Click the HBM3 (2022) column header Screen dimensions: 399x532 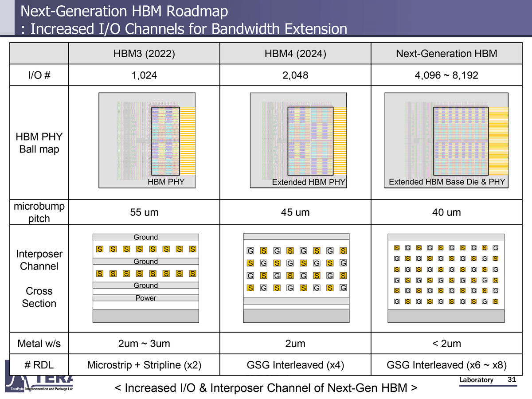click(x=145, y=54)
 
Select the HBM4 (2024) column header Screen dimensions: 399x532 click(x=295, y=54)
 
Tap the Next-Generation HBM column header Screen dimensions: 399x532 click(x=446, y=54)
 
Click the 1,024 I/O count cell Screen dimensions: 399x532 click(x=145, y=75)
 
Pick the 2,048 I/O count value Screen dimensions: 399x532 click(x=295, y=75)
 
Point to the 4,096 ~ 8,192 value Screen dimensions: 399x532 click(x=446, y=75)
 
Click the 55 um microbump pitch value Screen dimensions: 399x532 click(x=145, y=212)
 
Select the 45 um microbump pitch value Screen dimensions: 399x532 click(x=295, y=212)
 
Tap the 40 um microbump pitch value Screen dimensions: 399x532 click(x=446, y=212)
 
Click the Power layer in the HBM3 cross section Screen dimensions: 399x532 click(x=146, y=298)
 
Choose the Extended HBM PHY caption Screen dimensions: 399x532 click(x=309, y=182)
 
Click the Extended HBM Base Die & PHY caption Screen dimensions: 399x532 click(x=447, y=182)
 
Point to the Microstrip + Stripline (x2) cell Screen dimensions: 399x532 click(x=145, y=365)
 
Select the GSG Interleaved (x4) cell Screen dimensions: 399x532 click(x=295, y=365)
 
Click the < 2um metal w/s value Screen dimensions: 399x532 click(x=446, y=343)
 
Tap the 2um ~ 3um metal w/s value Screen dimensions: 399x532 click(x=145, y=343)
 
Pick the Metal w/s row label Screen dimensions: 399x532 click(x=39, y=343)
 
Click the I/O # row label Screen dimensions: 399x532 click(x=39, y=75)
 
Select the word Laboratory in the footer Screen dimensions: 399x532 click(x=476, y=380)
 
